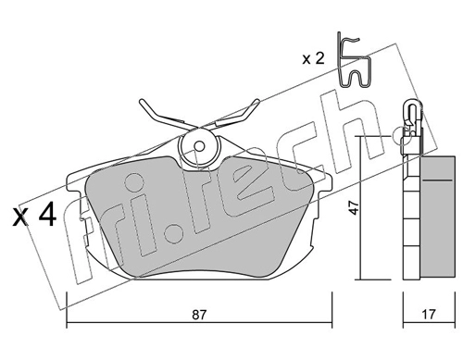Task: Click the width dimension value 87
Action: click(199, 315)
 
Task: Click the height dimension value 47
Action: click(354, 207)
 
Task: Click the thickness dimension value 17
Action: click(429, 315)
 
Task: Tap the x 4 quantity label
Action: click(34, 216)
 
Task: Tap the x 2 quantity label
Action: click(313, 58)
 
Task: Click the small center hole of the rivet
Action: click(200, 146)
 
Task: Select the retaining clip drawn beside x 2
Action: click(354, 60)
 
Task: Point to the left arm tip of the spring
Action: click(141, 101)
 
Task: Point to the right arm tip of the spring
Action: click(257, 101)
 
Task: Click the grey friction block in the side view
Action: click(437, 217)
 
